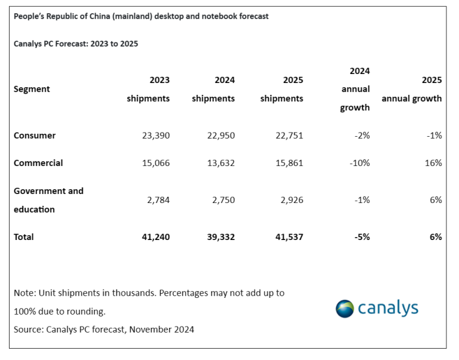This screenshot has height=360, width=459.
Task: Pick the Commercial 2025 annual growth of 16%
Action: coord(433,163)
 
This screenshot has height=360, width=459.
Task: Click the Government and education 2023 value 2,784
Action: coord(157,200)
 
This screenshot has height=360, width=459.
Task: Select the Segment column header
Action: coord(32,89)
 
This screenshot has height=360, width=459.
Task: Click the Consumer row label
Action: coord(35,136)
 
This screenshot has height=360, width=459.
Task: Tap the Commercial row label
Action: coord(38,163)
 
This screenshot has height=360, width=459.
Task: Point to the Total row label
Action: coord(24,237)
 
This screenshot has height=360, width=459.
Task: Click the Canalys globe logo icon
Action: coord(344,309)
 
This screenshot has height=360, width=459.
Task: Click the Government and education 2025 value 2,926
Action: coord(290,200)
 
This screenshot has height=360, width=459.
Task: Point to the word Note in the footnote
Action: coord(24,293)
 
